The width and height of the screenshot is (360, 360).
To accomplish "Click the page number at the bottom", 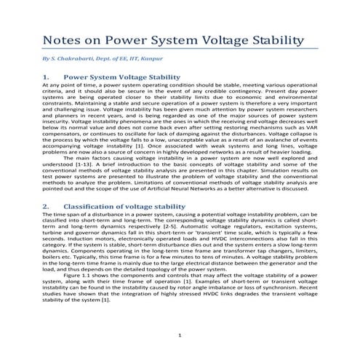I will point(180,335).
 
